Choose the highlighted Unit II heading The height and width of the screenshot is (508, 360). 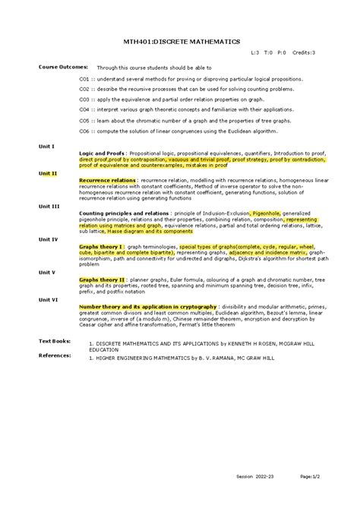(x=48, y=173)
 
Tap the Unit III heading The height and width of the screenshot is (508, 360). (x=49, y=207)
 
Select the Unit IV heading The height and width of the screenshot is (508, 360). (x=49, y=238)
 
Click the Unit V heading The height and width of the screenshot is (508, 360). (x=47, y=272)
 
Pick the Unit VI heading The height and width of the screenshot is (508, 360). (x=49, y=299)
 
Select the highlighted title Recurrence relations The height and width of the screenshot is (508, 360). (x=107, y=181)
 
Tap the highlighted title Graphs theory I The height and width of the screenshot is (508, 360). (x=103, y=247)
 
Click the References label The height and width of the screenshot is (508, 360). (x=55, y=355)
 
